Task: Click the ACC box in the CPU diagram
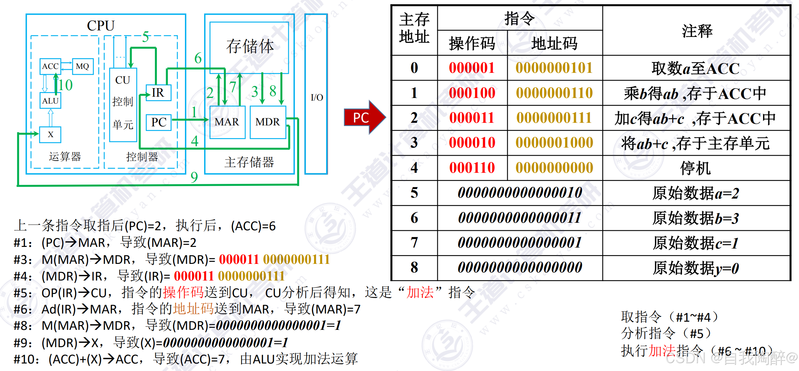point(50,66)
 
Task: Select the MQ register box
point(82,66)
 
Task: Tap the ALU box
point(50,101)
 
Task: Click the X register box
point(50,135)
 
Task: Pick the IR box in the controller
point(158,93)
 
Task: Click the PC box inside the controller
point(159,122)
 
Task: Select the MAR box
point(227,122)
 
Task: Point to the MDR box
point(268,122)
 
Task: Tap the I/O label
point(316,97)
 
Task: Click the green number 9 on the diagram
point(194,177)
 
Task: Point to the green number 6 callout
point(198,58)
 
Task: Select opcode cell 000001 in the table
point(472,68)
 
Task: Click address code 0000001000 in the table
point(554,143)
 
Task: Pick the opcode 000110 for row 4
point(472,168)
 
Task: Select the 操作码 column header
point(472,43)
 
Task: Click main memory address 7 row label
point(414,243)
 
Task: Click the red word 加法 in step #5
point(420,292)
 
